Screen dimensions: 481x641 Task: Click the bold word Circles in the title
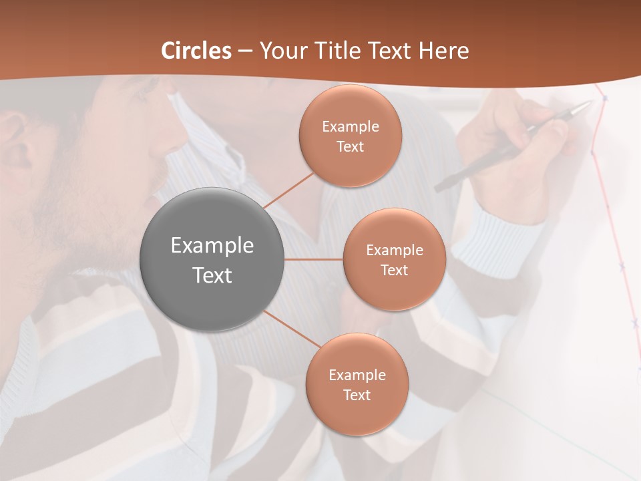click(196, 51)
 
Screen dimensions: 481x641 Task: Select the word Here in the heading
click(443, 51)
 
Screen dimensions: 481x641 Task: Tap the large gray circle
click(212, 259)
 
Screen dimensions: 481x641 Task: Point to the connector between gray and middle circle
click(314, 259)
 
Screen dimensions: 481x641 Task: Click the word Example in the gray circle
click(212, 246)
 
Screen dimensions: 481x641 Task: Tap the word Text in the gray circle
click(212, 275)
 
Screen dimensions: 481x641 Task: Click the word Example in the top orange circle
click(351, 126)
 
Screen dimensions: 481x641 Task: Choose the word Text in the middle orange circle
click(395, 270)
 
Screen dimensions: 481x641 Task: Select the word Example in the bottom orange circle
click(357, 375)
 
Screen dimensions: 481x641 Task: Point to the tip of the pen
click(591, 103)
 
